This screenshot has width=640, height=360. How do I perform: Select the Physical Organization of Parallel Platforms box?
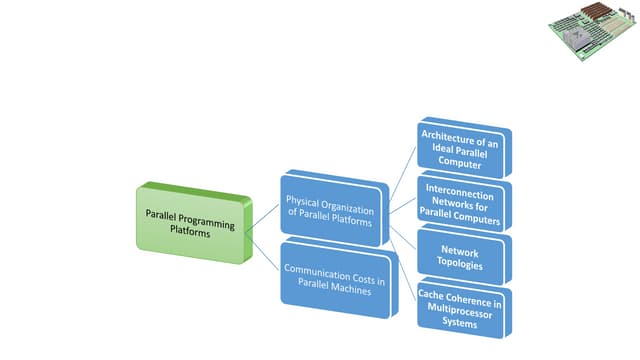pos(331,208)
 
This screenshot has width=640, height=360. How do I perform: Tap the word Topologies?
pos(461,266)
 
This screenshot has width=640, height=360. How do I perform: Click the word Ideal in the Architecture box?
pos(439,149)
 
